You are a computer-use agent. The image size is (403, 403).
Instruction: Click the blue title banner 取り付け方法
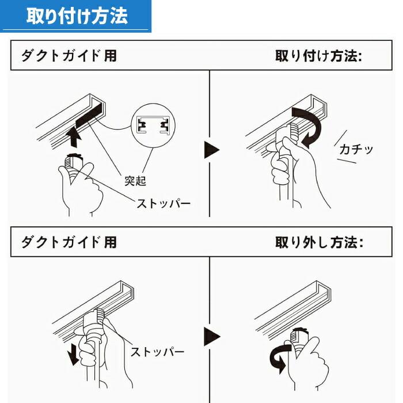(76, 16)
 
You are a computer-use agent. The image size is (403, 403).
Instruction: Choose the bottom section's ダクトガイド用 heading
(69, 242)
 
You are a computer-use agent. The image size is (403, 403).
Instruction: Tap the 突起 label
(135, 181)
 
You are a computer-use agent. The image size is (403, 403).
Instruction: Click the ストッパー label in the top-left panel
(164, 203)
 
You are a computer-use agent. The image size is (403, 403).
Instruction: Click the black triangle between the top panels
(212, 151)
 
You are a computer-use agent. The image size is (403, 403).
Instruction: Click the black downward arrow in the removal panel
(73, 353)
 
